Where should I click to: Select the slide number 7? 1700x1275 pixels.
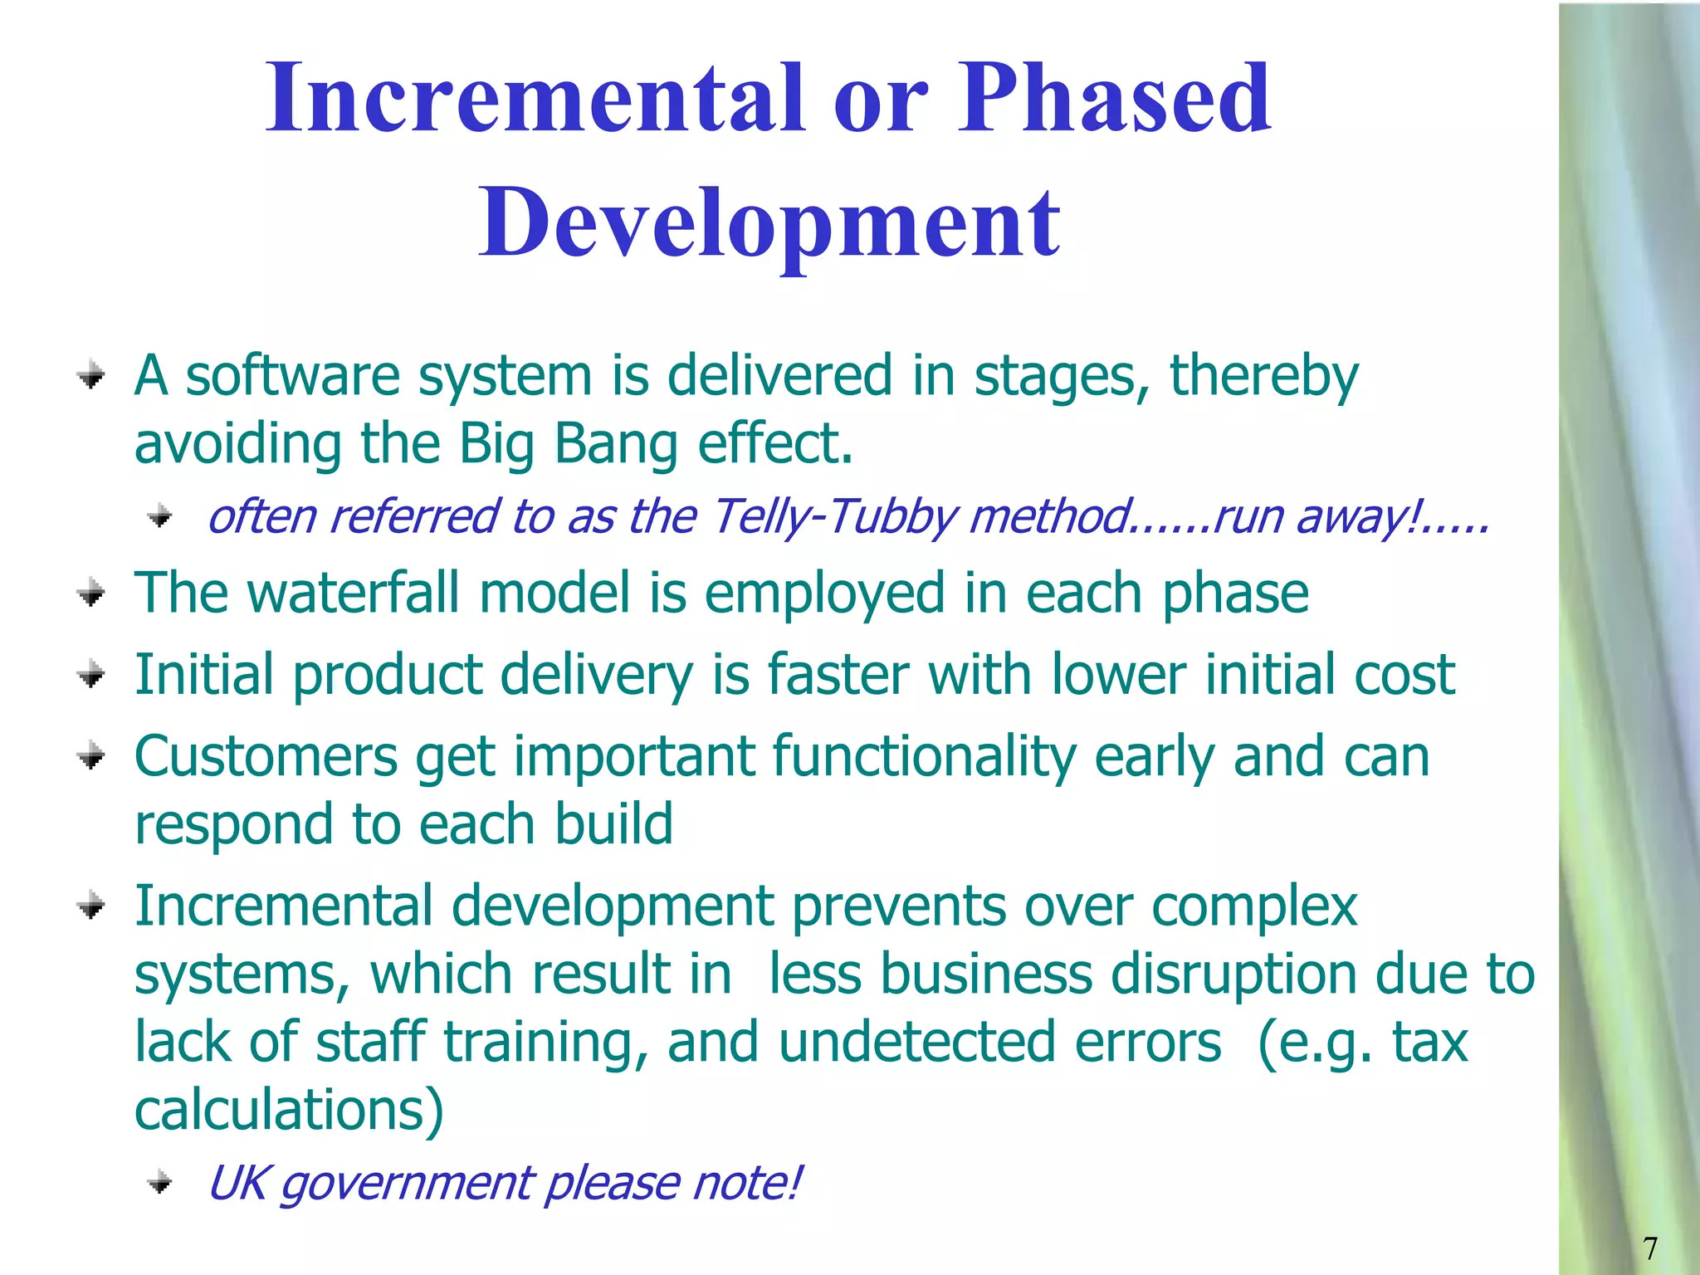[x=1650, y=1248]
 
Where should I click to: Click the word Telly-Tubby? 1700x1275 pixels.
[x=834, y=516]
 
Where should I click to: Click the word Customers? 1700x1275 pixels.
[x=266, y=756]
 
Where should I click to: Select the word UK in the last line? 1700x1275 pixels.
[x=236, y=1182]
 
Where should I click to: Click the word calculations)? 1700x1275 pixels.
[x=289, y=1109]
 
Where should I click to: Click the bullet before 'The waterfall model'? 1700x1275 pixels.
[x=91, y=594]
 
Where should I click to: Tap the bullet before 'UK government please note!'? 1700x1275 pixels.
[x=159, y=1182]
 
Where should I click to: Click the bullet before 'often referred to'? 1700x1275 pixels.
[x=159, y=517]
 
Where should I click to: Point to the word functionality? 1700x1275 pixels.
[x=924, y=756]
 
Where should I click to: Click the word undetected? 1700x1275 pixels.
[x=999, y=1042]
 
